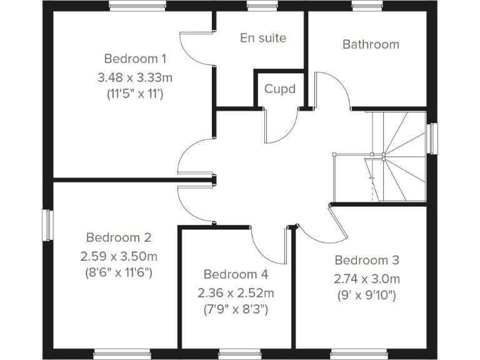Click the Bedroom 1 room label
pos(135,59)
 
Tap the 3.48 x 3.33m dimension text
pos(135,77)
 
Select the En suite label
pos(263,38)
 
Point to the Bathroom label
pos(371,44)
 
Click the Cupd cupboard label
pos(279,89)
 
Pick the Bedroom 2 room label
pos(119,237)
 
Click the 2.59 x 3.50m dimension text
pos(119,256)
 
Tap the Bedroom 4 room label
pos(236,274)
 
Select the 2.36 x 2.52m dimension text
pos(236,292)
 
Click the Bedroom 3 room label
pos(367,260)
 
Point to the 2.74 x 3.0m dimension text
pos(367,279)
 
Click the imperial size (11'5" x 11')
pos(135,94)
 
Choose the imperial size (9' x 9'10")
pos(367,295)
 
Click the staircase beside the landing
pos(394,156)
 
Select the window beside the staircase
pos(432,138)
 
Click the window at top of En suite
pos(257,6)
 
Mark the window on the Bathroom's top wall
pos(361,6)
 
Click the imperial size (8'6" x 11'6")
pos(119,272)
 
